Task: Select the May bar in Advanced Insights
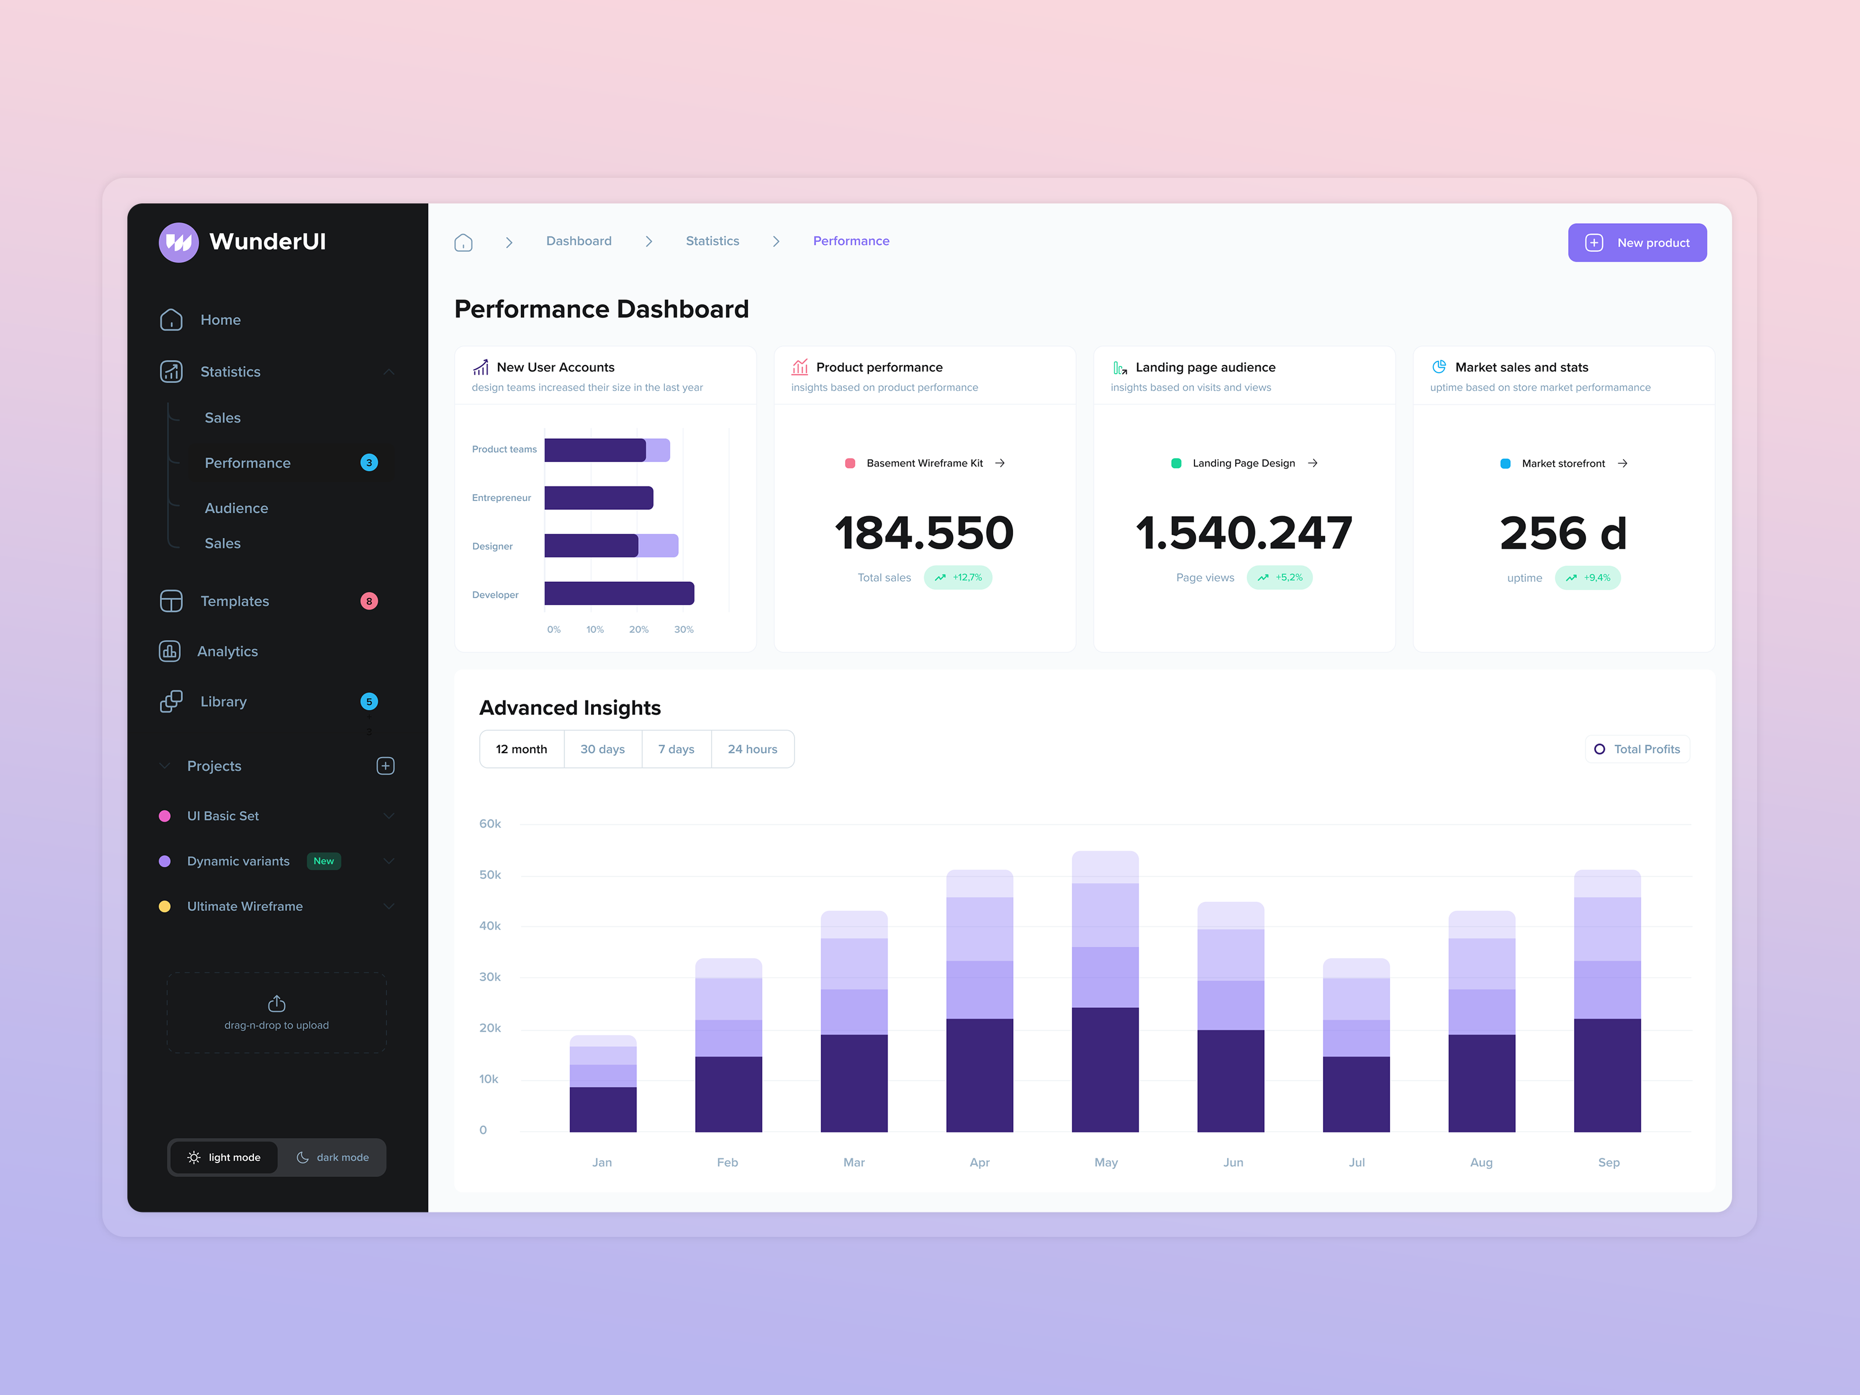(1105, 992)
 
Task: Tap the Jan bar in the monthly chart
(603, 1085)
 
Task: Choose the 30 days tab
(602, 749)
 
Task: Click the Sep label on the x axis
(1608, 1162)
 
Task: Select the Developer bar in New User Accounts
(619, 593)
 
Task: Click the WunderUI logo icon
(178, 242)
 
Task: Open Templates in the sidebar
(235, 601)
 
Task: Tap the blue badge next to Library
(369, 702)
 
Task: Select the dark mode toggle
(333, 1157)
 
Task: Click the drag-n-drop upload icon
(277, 1004)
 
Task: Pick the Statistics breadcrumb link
(712, 241)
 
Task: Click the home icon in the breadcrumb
(463, 243)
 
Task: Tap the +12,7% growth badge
(958, 578)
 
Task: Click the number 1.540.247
(1244, 533)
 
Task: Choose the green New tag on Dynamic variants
(324, 861)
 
